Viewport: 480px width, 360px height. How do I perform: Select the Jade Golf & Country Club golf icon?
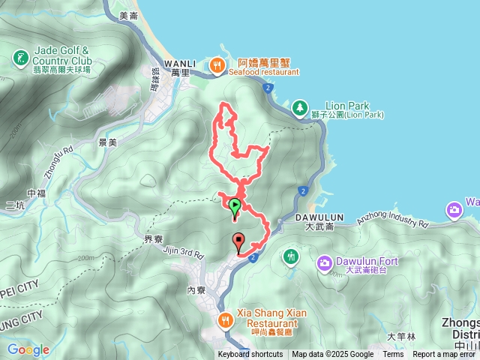click(x=21, y=56)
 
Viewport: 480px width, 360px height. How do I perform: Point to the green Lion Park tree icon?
click(x=300, y=108)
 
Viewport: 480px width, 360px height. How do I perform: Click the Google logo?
click(x=28, y=349)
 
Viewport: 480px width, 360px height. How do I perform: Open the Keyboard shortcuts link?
click(x=250, y=355)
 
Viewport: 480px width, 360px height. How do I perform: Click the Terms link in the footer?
click(x=393, y=355)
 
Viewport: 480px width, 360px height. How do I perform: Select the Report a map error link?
click(x=445, y=355)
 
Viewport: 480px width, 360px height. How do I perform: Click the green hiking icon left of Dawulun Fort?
click(x=290, y=257)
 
